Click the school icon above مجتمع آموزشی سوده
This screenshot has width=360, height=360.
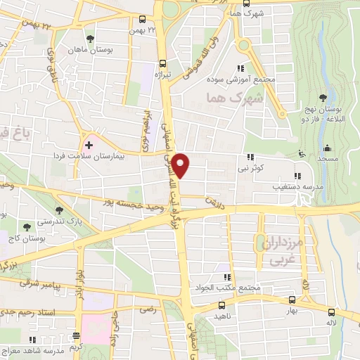240,69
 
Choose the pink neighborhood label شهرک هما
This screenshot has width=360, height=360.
227,97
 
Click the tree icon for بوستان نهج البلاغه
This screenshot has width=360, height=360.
323,97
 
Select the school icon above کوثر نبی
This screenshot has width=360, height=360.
250,158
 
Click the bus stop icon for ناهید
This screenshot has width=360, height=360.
221,305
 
